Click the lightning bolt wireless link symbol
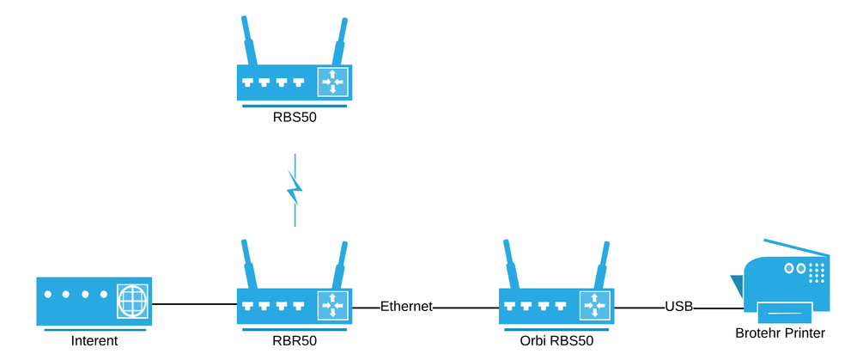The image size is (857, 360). (295, 190)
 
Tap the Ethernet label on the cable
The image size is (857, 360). (406, 306)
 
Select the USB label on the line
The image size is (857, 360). (678, 306)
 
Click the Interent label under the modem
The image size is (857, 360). (94, 341)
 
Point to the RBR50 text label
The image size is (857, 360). (295, 341)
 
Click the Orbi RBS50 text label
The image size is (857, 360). (557, 341)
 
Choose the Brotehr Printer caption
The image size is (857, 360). (780, 333)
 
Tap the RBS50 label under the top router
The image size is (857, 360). (295, 119)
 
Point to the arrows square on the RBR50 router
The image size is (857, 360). (331, 305)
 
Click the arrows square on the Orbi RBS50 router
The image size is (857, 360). (593, 305)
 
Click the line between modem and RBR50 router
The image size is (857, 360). (194, 304)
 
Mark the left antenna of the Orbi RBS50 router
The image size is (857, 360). (512, 264)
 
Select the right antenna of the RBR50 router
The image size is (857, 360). (341, 264)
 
